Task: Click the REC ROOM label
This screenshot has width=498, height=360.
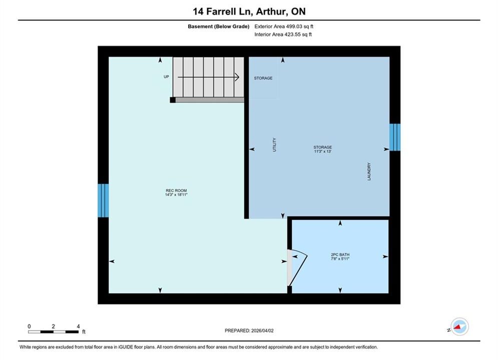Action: pos(176,190)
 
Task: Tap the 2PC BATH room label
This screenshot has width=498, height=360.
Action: pos(340,254)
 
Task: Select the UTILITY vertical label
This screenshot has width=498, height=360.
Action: pos(274,144)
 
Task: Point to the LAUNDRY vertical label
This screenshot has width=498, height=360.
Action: pos(369,171)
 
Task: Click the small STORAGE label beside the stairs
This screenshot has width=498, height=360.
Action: pos(263,78)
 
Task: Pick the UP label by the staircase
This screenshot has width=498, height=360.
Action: pos(167,77)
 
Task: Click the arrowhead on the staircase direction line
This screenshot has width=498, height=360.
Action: pos(237,77)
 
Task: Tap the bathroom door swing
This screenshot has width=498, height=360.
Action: pos(298,266)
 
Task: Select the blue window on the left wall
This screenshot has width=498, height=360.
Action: pos(103,200)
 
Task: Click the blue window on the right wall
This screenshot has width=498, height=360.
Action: pos(395,137)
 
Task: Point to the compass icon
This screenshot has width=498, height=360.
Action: pos(459,326)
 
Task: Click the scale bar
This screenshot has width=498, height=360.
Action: pos(53,332)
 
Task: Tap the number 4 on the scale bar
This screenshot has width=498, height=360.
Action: pos(78,326)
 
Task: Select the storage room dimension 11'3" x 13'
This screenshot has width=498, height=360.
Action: pos(323,151)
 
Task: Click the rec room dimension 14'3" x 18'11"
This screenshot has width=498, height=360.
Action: pos(176,194)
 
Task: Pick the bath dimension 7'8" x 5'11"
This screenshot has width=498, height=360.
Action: pos(340,259)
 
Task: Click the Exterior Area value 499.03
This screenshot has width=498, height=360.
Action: pos(294,26)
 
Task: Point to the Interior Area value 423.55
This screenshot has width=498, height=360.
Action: pos(292,34)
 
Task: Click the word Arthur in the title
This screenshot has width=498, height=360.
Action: pos(272,11)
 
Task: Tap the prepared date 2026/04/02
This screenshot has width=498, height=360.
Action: pos(262,330)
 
